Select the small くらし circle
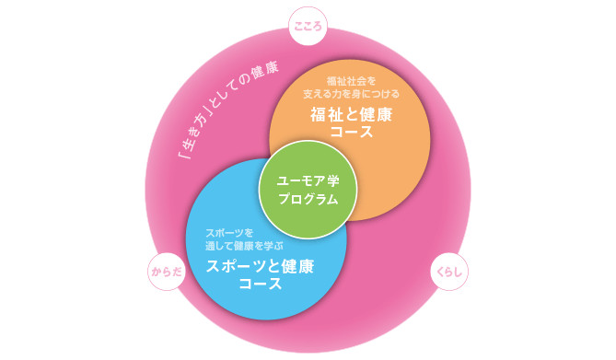(x=450, y=273)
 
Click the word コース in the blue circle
(x=260, y=285)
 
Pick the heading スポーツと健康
(x=260, y=266)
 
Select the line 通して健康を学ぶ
(x=244, y=246)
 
